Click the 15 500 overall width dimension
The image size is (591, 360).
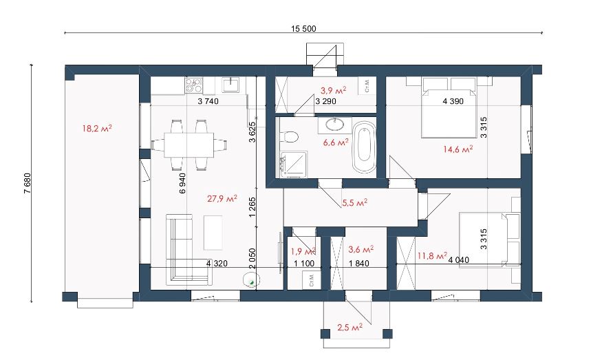coord(303,29)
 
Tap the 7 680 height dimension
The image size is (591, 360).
coord(27,183)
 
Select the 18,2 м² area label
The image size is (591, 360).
coord(97,129)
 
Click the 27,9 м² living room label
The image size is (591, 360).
coord(222,198)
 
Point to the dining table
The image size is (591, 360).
coord(189,145)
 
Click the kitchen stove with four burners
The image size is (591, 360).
coord(194,85)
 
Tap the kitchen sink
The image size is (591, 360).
coord(230,85)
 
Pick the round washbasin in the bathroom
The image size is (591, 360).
coord(334,123)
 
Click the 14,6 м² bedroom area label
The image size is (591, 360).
coord(458,149)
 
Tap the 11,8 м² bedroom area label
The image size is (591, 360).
coord(432,256)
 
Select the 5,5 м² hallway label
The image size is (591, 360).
coord(354,203)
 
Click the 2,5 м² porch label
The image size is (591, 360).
coord(350,327)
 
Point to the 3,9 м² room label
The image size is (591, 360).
coord(334,90)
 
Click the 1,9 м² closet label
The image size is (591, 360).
coord(303,251)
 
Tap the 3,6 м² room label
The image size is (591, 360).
coord(361,249)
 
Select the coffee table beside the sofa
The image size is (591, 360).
coord(213,232)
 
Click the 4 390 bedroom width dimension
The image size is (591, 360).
coord(453,101)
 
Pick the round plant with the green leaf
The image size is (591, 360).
coord(250,280)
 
